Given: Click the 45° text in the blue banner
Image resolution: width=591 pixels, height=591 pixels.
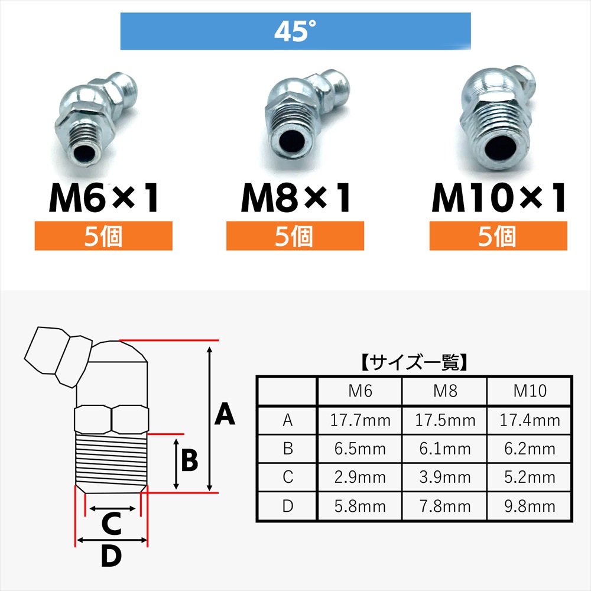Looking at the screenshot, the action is [295, 31].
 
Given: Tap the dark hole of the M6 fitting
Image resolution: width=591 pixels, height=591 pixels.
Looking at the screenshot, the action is [84, 153].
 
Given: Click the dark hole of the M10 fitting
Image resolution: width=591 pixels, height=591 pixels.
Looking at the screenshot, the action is [500, 146].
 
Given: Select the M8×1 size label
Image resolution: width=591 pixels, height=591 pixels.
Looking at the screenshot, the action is [295, 198].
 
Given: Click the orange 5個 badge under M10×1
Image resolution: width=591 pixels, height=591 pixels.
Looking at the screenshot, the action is [498, 236].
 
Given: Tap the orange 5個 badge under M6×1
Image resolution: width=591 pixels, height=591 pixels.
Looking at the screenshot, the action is [103, 236].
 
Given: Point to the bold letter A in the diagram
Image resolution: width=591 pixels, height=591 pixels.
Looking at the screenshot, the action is [225, 414].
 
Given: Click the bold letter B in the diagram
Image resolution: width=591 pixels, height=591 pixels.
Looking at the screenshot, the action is [190, 460].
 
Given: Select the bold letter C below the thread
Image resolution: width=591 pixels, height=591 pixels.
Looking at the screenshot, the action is [112, 523].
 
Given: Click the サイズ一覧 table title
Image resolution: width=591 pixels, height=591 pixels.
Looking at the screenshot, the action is [414, 363].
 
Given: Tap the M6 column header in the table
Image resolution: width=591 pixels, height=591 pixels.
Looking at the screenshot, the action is [361, 391].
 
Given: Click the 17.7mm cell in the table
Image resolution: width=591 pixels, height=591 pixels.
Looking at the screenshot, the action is [361, 420].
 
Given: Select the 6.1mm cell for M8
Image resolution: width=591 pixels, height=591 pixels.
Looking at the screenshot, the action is [445, 449].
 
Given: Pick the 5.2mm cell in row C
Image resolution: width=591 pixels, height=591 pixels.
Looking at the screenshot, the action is [530, 478].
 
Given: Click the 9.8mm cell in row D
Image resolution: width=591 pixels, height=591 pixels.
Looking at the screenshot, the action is [530, 506].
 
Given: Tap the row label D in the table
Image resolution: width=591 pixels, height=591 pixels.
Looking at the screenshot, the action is [288, 506].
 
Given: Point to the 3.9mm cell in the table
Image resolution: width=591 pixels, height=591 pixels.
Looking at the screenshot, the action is [445, 478].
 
